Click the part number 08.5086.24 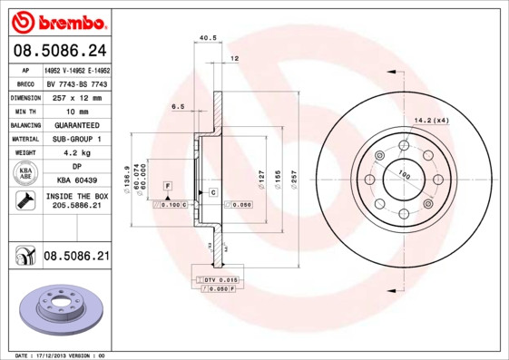point(58,51)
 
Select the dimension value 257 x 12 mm point(77,96)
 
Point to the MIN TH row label point(24,110)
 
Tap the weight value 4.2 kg point(77,152)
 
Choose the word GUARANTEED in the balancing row point(77,124)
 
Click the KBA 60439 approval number point(77,180)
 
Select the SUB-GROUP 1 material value point(77,139)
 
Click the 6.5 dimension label point(178,107)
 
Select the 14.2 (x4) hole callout point(431,120)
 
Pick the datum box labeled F point(167,185)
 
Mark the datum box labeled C point(212,192)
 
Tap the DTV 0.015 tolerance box point(220,280)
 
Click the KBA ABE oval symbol point(24,173)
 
